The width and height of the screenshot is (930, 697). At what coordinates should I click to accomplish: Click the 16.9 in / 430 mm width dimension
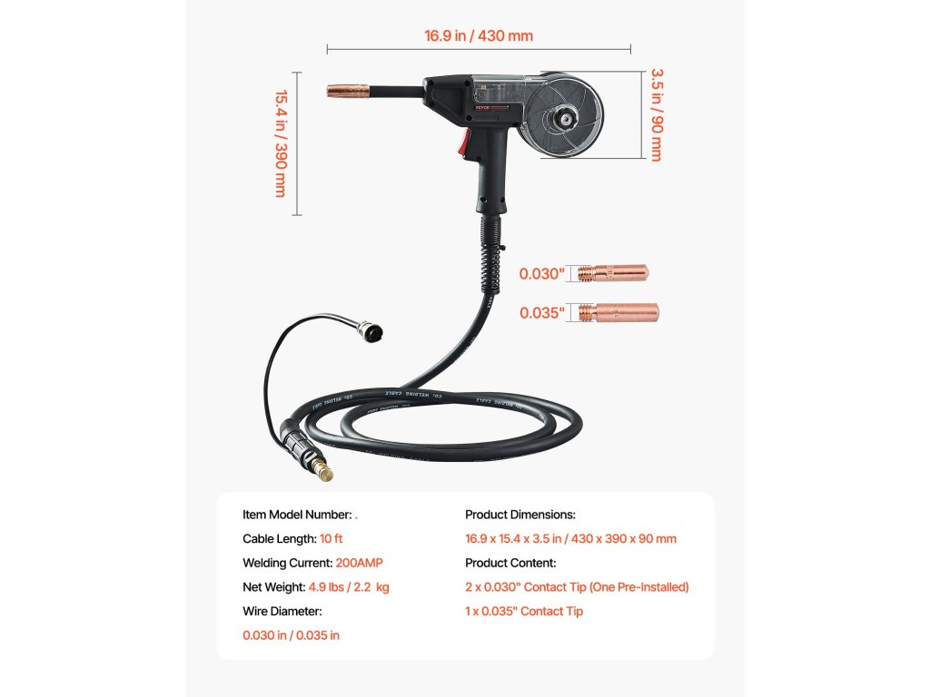click(478, 36)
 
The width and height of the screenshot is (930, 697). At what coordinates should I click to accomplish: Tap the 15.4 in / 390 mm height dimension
click(281, 142)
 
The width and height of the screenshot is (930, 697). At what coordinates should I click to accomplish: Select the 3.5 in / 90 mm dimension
click(655, 114)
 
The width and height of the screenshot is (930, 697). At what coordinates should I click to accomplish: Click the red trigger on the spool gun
click(466, 142)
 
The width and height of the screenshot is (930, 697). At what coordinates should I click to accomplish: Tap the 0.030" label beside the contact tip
click(542, 273)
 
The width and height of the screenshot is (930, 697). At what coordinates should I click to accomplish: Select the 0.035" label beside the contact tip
click(542, 313)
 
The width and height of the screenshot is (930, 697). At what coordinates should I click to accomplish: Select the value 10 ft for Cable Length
click(331, 538)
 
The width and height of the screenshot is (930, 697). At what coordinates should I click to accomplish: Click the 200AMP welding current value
click(359, 563)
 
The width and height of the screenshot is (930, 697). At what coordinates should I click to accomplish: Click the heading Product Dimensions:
click(520, 515)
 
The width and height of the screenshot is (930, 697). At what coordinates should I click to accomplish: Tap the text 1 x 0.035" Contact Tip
click(524, 611)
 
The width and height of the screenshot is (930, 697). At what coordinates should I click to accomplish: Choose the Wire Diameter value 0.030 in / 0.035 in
click(291, 635)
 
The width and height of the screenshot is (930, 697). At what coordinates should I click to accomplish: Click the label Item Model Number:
click(296, 515)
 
